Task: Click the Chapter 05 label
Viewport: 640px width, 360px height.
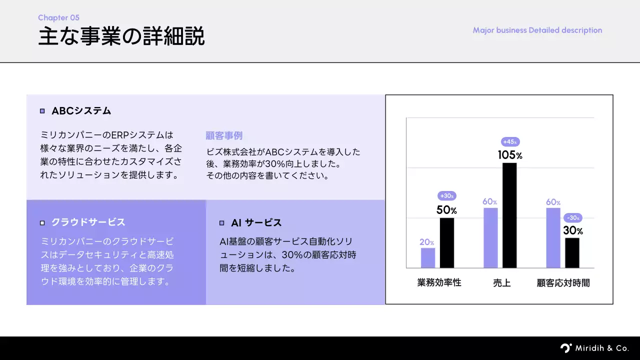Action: point(58,18)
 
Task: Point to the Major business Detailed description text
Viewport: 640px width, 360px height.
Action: point(537,30)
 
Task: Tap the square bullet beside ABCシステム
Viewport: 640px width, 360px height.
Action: point(42,111)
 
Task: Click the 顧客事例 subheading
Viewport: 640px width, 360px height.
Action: point(224,135)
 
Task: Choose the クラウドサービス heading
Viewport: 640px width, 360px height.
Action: point(88,222)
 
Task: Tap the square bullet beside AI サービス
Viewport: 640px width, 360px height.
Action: point(221,223)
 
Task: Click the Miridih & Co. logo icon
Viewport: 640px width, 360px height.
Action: point(565,348)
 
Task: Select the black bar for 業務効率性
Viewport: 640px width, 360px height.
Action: point(447,243)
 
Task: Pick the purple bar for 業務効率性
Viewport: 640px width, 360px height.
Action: point(428,258)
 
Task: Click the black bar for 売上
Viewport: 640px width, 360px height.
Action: point(509,215)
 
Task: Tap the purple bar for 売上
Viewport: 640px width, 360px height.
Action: point(490,238)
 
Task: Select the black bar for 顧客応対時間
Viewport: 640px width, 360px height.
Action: point(572,253)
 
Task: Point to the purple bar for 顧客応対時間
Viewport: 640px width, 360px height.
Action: point(553,238)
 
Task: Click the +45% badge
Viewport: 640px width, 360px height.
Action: point(510,142)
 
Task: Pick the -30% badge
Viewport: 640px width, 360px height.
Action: point(573,218)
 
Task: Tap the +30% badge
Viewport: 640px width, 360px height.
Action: point(447,196)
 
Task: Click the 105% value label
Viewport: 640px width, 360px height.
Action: point(510,155)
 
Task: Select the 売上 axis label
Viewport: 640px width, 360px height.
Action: point(501,283)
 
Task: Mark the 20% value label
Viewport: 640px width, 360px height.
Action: point(427,242)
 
